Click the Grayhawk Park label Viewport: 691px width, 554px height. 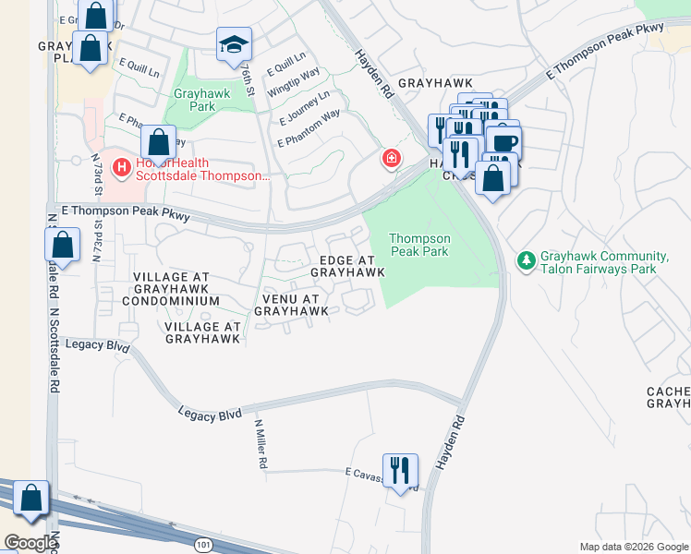click(194, 100)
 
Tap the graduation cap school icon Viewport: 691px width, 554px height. click(234, 43)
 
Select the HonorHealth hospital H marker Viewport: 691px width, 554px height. click(120, 167)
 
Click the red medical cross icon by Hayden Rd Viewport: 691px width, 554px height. click(392, 160)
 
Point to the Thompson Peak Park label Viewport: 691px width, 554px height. click(419, 245)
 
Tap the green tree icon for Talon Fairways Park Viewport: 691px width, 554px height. click(526, 261)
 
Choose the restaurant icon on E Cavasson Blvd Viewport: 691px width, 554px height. click(400, 471)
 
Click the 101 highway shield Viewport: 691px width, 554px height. click(203, 546)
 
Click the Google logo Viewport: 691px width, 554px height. click(30, 543)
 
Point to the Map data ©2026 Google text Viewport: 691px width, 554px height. click(633, 547)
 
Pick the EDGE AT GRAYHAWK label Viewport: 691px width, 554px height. click(347, 266)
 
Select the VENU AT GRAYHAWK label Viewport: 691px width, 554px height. click(291, 306)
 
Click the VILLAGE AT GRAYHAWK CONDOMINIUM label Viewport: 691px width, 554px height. click(176, 289)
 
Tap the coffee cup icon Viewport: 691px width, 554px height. click(504, 142)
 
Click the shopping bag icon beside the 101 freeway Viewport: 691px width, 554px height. click(31, 498)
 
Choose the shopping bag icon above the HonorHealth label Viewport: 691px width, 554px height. click(158, 143)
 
